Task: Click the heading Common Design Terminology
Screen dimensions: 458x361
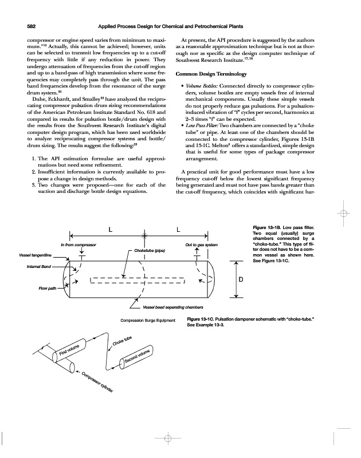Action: (214, 75)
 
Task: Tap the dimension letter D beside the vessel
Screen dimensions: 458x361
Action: (242, 279)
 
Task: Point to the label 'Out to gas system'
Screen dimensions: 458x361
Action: (202, 245)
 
